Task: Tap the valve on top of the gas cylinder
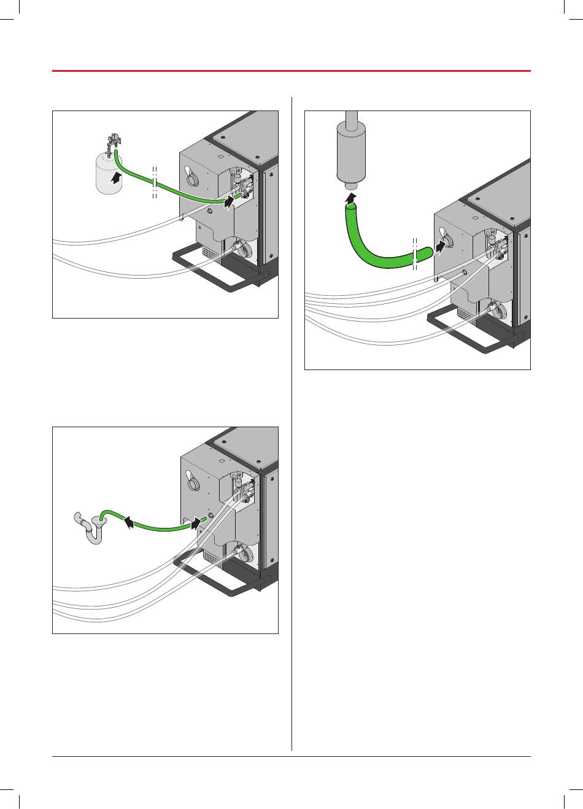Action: click(114, 142)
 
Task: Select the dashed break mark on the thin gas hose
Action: click(154, 182)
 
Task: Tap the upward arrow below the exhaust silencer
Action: click(350, 198)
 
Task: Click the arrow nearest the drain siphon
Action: click(129, 522)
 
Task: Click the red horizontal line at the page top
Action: click(291, 71)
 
